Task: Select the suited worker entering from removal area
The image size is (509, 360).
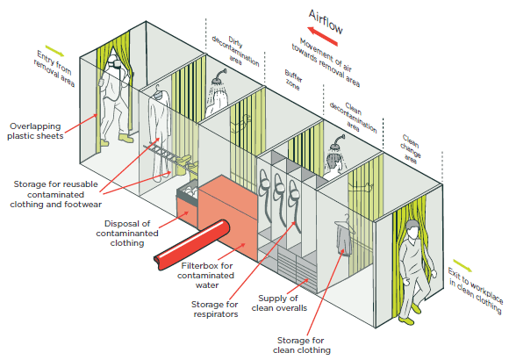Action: coord(114,97)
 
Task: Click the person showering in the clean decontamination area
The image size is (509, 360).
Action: coord(333,156)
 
